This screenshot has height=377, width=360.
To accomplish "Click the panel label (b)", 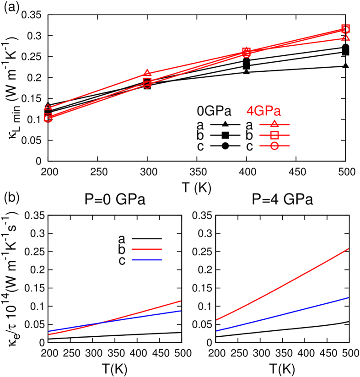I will pyautogui.click(x=11, y=199).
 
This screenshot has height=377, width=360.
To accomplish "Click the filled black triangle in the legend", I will pyautogui.click(x=225, y=124).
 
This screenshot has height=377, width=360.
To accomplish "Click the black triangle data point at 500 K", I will pyautogui.click(x=346, y=66).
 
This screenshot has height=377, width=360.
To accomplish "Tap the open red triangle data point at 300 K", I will pyautogui.click(x=147, y=74).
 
